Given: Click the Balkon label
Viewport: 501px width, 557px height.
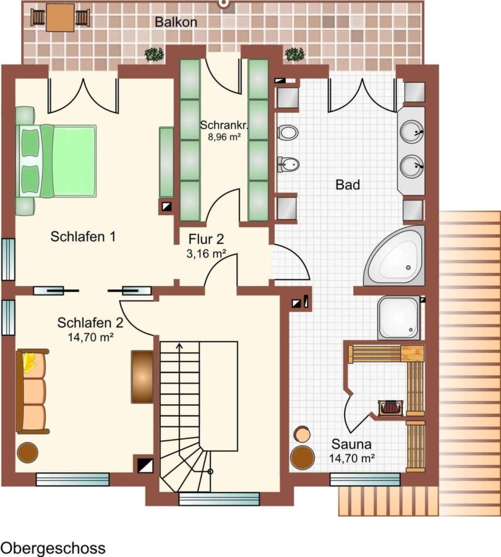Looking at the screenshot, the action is (x=176, y=22).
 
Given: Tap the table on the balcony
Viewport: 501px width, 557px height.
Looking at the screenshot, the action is (x=61, y=17).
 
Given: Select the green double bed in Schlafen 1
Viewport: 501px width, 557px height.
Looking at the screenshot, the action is (x=56, y=160).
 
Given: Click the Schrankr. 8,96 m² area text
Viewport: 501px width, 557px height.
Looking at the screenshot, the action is (x=223, y=131).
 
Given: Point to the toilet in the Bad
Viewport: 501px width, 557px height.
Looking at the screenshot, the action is (x=288, y=132).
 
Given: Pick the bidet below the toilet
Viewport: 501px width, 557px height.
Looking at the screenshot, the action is (x=288, y=165).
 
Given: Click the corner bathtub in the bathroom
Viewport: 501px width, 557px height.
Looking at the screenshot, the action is (x=395, y=256).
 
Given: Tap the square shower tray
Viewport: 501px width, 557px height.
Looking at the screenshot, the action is (x=399, y=318).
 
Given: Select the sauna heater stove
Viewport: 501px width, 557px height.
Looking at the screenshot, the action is (x=390, y=408).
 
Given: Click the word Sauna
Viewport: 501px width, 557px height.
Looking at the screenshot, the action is (x=351, y=444).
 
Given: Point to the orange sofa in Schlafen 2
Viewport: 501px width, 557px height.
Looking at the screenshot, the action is (x=32, y=392).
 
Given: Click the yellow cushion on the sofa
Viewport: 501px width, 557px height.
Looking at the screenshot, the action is (x=29, y=362).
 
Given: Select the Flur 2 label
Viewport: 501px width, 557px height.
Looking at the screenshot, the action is (x=207, y=239).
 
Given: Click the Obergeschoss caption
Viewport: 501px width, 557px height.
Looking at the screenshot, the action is (x=53, y=548).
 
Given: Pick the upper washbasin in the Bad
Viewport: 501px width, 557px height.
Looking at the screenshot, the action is (x=412, y=131).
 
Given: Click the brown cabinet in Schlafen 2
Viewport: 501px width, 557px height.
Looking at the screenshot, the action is (x=142, y=377).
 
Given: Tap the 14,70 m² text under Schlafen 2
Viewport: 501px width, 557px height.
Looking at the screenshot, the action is (x=90, y=337).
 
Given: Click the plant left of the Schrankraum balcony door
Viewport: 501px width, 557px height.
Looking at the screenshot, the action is (x=155, y=54).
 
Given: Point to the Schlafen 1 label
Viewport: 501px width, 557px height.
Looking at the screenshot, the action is (x=83, y=236).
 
